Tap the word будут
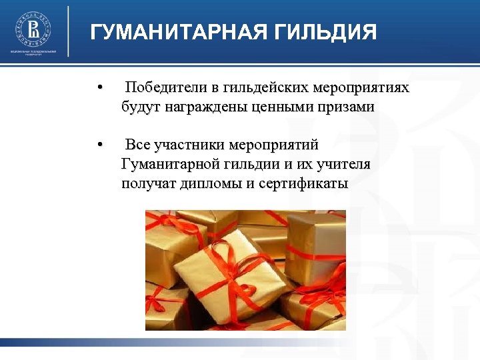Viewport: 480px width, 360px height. (137, 107)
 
